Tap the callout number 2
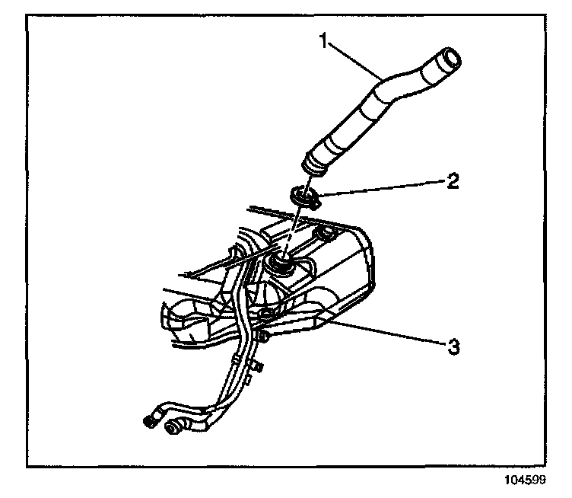pyautogui.click(x=453, y=180)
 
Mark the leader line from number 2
pyautogui.click(x=380, y=189)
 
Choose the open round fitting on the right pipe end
pyautogui.click(x=176, y=429)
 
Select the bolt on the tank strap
pyautogui.click(x=264, y=313)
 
